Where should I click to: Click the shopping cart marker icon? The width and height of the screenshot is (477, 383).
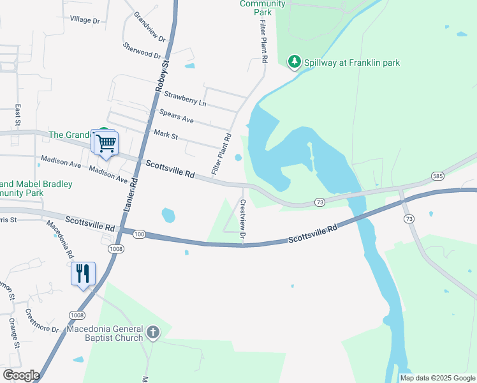(106, 142)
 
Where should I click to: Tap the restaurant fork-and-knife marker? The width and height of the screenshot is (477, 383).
(84, 274)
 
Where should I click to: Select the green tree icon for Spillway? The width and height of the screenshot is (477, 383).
(294, 62)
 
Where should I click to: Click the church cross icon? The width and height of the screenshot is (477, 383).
(152, 332)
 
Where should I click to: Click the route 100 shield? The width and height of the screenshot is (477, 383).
(140, 235)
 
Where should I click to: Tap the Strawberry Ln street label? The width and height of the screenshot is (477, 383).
(185, 98)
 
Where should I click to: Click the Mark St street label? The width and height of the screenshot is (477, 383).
(166, 134)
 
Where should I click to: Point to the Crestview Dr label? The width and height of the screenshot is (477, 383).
(243, 220)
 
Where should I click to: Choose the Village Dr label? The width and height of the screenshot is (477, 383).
(85, 20)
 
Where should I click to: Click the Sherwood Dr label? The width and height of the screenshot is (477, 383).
(142, 51)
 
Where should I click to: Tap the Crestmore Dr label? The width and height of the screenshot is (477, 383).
(41, 320)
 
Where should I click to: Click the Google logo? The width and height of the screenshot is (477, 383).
(21, 375)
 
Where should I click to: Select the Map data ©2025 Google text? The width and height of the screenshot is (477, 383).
(437, 378)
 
